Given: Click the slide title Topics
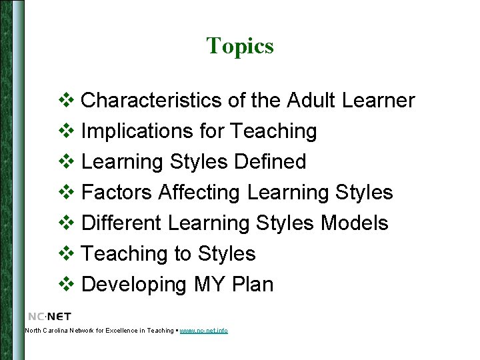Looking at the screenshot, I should (x=240, y=46).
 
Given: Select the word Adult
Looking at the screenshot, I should (x=311, y=101).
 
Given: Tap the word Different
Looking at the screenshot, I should (x=122, y=223).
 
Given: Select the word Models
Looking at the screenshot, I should (x=354, y=223).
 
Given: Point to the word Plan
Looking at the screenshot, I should (x=253, y=285).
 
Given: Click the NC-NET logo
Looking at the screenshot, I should (x=49, y=316).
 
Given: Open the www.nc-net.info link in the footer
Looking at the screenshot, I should (x=203, y=331).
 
